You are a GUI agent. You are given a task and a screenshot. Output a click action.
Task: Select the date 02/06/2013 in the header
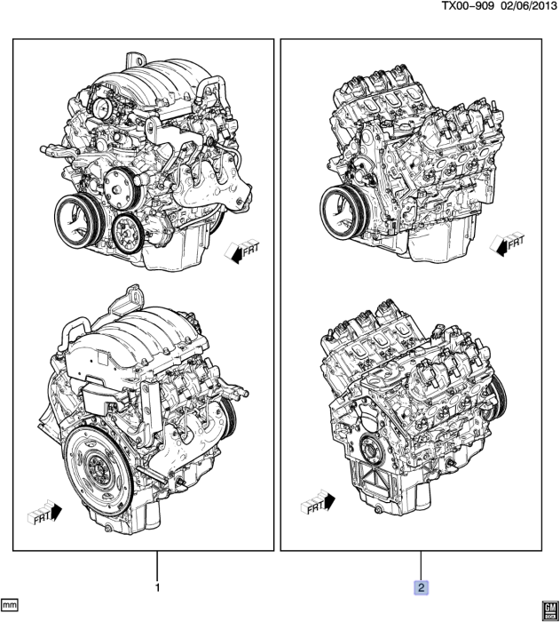coord(527,7)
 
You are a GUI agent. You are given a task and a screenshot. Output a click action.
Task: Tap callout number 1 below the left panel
coord(157,587)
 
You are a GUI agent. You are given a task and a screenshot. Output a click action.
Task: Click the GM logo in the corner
coord(547,607)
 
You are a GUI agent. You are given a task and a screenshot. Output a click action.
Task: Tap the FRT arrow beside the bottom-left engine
coord(45,512)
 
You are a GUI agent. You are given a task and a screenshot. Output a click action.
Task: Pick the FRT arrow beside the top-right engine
coord(509,243)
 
